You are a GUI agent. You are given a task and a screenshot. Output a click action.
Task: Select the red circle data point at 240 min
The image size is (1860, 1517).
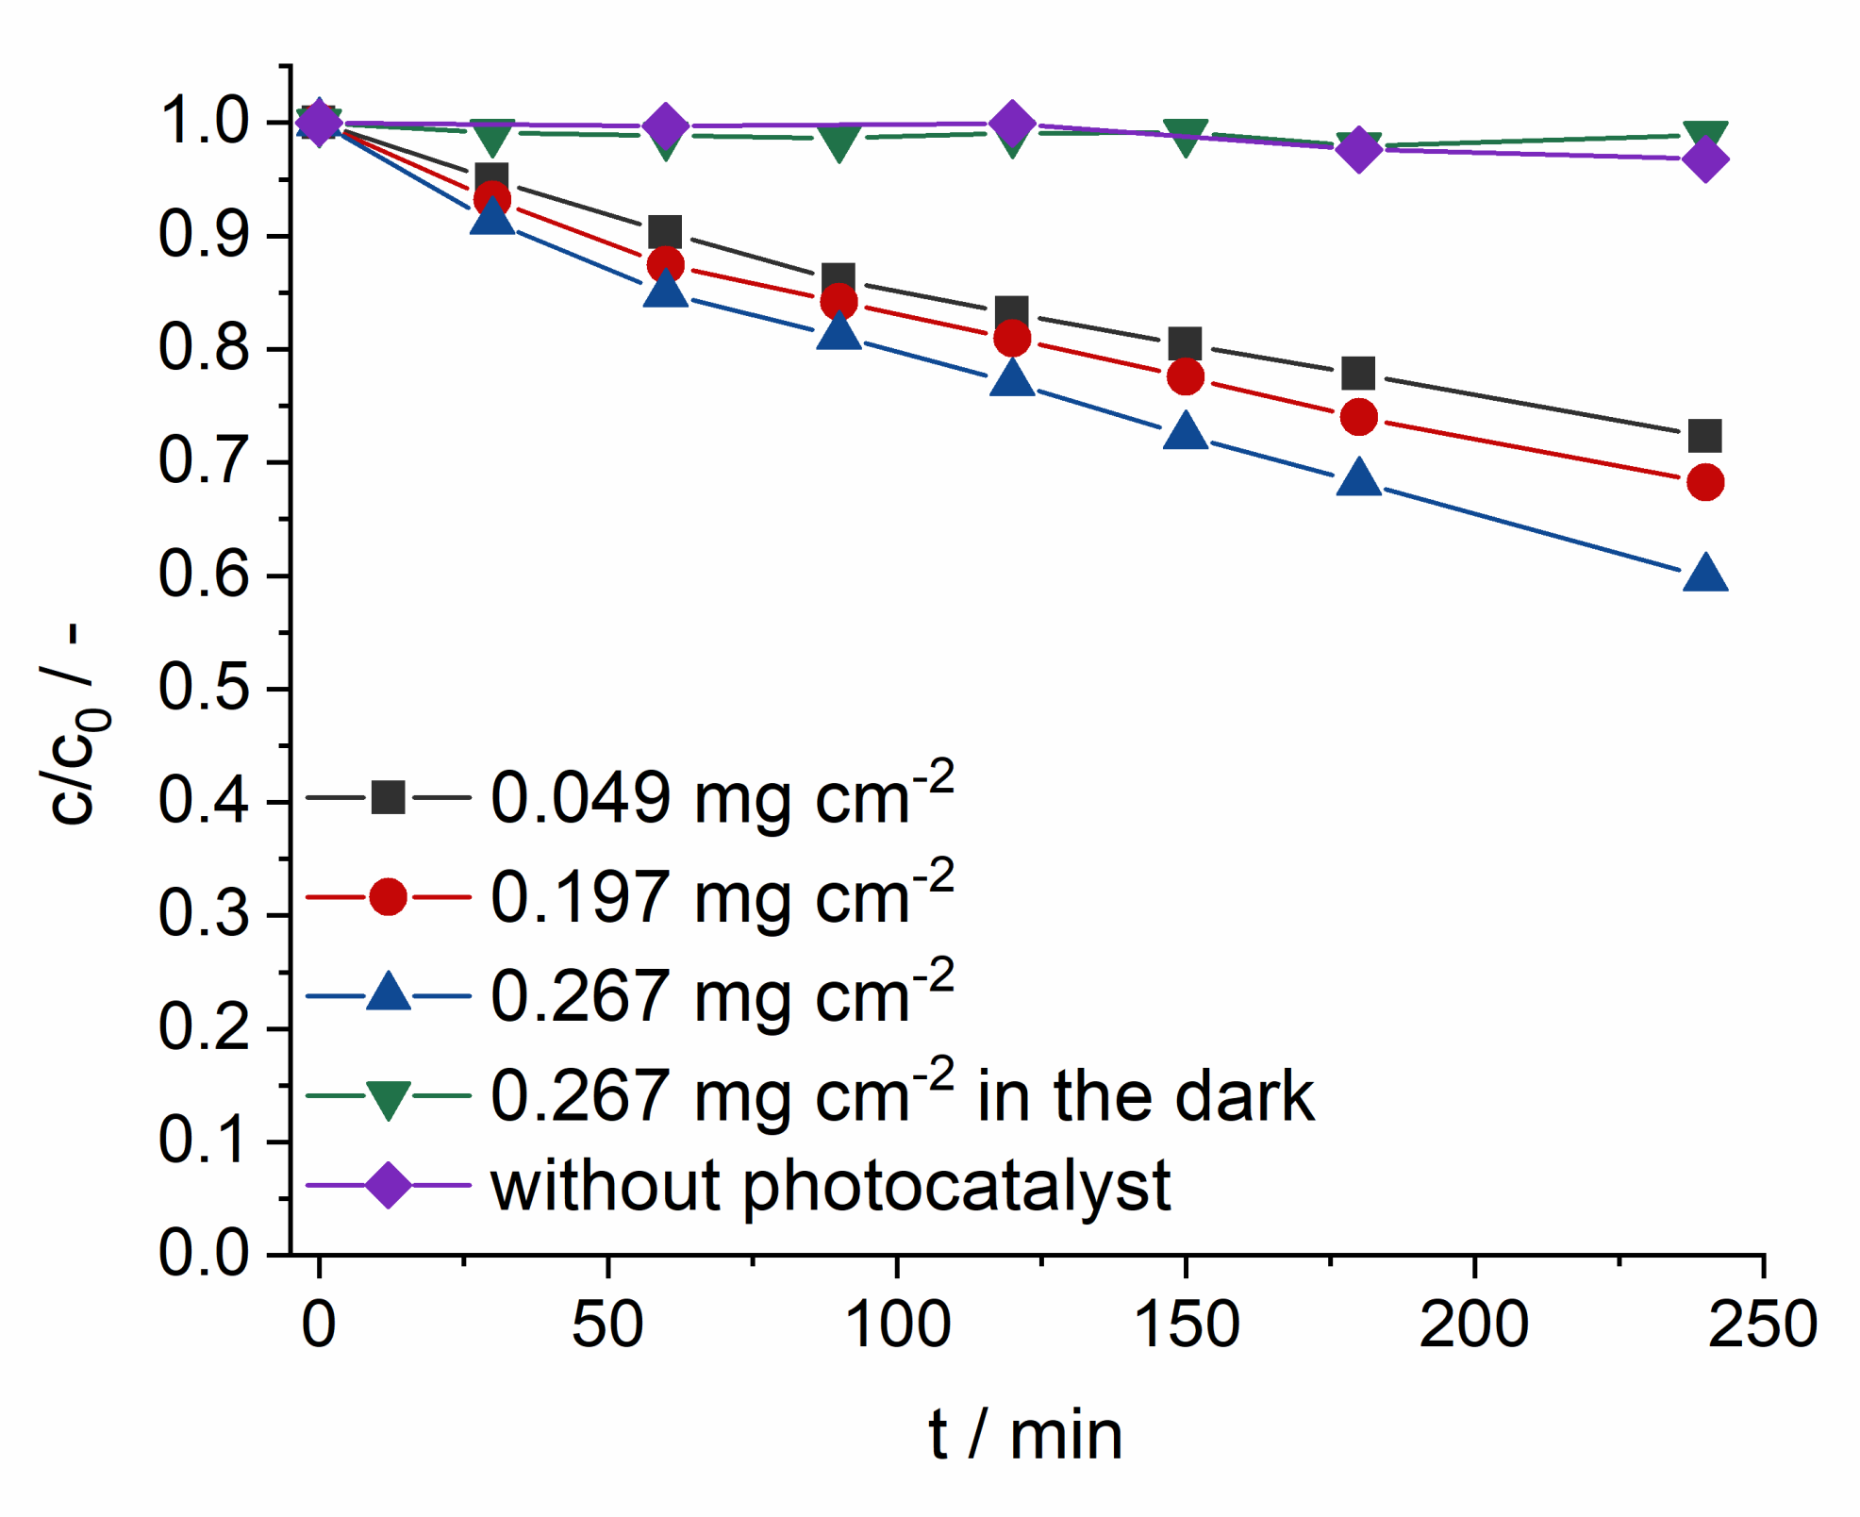[x=1704, y=482]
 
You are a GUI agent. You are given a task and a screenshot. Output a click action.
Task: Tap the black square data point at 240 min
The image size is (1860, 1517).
[x=1704, y=436]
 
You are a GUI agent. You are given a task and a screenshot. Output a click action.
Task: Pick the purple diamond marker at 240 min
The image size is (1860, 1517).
[x=1704, y=158]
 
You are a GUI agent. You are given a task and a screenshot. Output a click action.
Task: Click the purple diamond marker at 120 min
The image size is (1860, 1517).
[x=1012, y=123]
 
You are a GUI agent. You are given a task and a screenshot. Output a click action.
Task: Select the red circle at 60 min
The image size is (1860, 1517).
[x=665, y=264]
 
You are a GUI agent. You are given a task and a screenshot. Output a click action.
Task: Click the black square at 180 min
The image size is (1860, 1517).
[x=1357, y=373]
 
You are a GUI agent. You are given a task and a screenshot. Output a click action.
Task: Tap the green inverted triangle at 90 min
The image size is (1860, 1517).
[x=839, y=143]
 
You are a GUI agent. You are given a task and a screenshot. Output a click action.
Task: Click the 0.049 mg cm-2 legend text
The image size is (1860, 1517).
[x=722, y=797]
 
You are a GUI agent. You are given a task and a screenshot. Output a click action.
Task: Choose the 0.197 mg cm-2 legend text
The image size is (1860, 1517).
[x=722, y=896]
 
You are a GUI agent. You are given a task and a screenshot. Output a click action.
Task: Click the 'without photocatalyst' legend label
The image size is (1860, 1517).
[x=830, y=1186]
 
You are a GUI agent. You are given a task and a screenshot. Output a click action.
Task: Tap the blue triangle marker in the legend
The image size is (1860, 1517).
[x=388, y=994]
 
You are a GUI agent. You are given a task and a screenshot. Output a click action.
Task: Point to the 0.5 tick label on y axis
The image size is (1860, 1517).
[x=203, y=688]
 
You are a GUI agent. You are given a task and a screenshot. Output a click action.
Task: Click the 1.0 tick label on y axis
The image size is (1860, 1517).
[x=203, y=122]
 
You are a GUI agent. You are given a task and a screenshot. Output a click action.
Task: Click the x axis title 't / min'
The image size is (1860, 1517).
[x=1025, y=1435]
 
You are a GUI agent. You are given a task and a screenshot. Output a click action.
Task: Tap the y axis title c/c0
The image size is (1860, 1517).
[x=75, y=726]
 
